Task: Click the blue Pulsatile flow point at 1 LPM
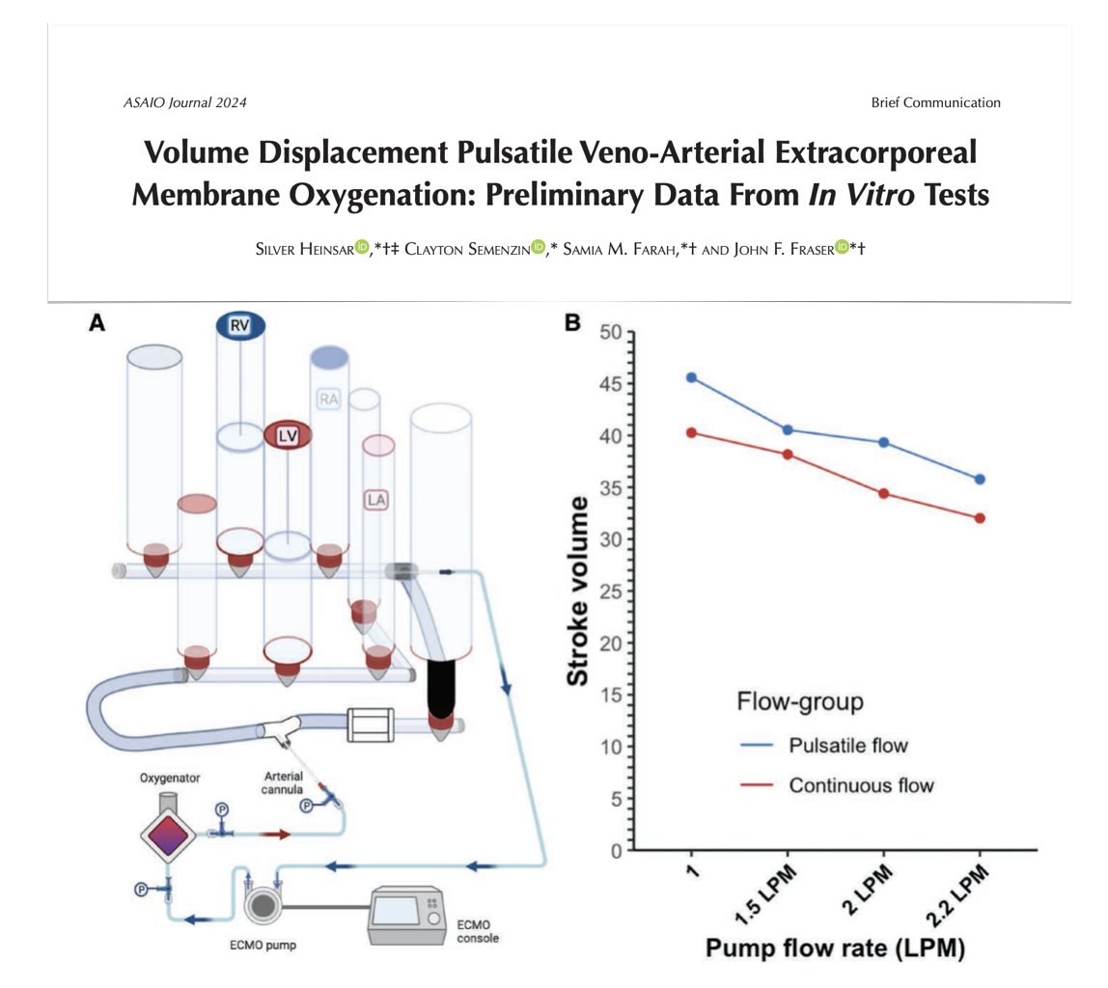point(691,377)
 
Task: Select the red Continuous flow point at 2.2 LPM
point(980,518)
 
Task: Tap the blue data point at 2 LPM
point(883,443)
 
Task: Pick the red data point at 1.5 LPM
point(788,453)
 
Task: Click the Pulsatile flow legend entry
point(847,745)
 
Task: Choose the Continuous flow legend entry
point(861,785)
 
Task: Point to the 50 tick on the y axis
point(610,333)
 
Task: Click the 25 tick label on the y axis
point(610,591)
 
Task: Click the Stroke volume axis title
point(578,591)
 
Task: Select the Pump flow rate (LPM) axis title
point(835,948)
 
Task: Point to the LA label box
point(375,499)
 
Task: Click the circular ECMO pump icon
point(266,907)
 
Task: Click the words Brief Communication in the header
point(935,102)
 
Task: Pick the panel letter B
point(572,325)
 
